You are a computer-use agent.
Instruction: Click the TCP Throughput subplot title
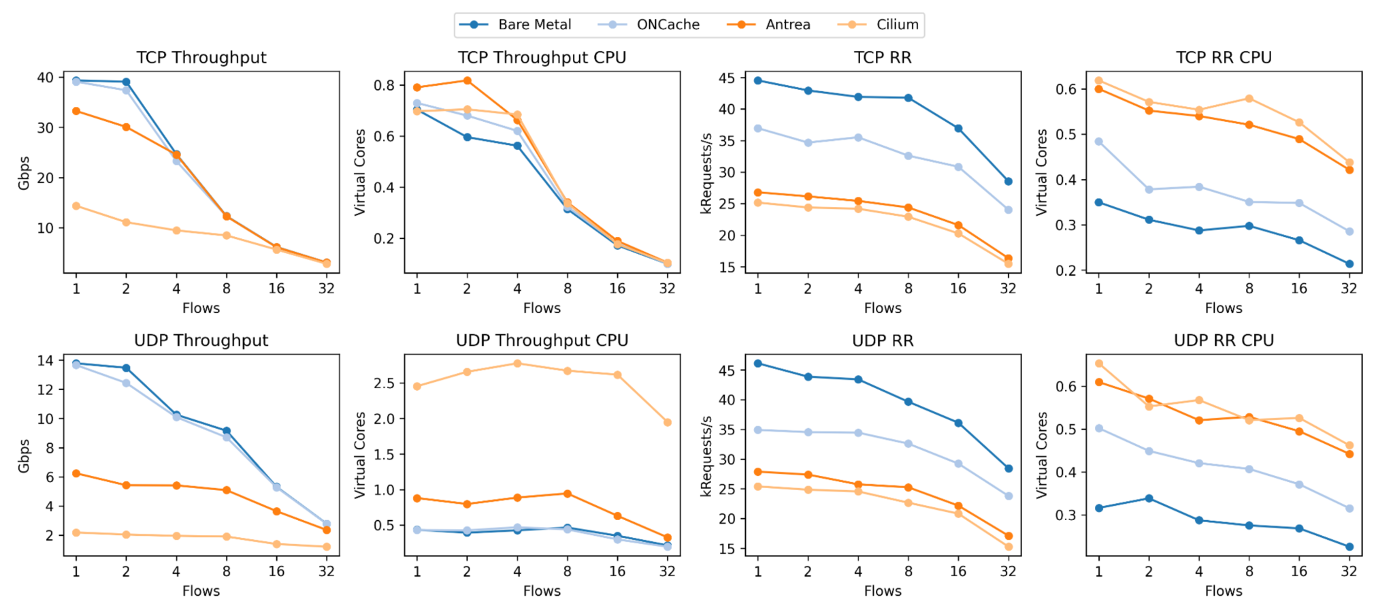(201, 58)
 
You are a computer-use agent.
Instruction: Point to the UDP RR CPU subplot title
(1223, 340)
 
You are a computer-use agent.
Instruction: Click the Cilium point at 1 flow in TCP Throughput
(76, 206)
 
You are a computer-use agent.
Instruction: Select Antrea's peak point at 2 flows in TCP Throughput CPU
(467, 80)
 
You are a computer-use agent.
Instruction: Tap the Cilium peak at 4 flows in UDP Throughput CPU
(517, 364)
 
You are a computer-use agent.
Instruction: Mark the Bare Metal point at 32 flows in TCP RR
(1008, 182)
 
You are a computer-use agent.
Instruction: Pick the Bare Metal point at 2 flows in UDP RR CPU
(1149, 498)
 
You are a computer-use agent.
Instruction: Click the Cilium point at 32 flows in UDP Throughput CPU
(667, 423)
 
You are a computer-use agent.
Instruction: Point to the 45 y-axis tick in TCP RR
(727, 78)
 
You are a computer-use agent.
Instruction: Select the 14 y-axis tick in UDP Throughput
(46, 361)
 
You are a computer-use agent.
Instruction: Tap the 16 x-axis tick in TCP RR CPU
(1298, 289)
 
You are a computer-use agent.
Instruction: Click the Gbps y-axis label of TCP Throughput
(24, 173)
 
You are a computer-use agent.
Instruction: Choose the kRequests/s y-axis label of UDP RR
(706, 456)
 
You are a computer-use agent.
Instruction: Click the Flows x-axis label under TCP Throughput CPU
(542, 308)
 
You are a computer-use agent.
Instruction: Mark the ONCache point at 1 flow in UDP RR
(757, 430)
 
